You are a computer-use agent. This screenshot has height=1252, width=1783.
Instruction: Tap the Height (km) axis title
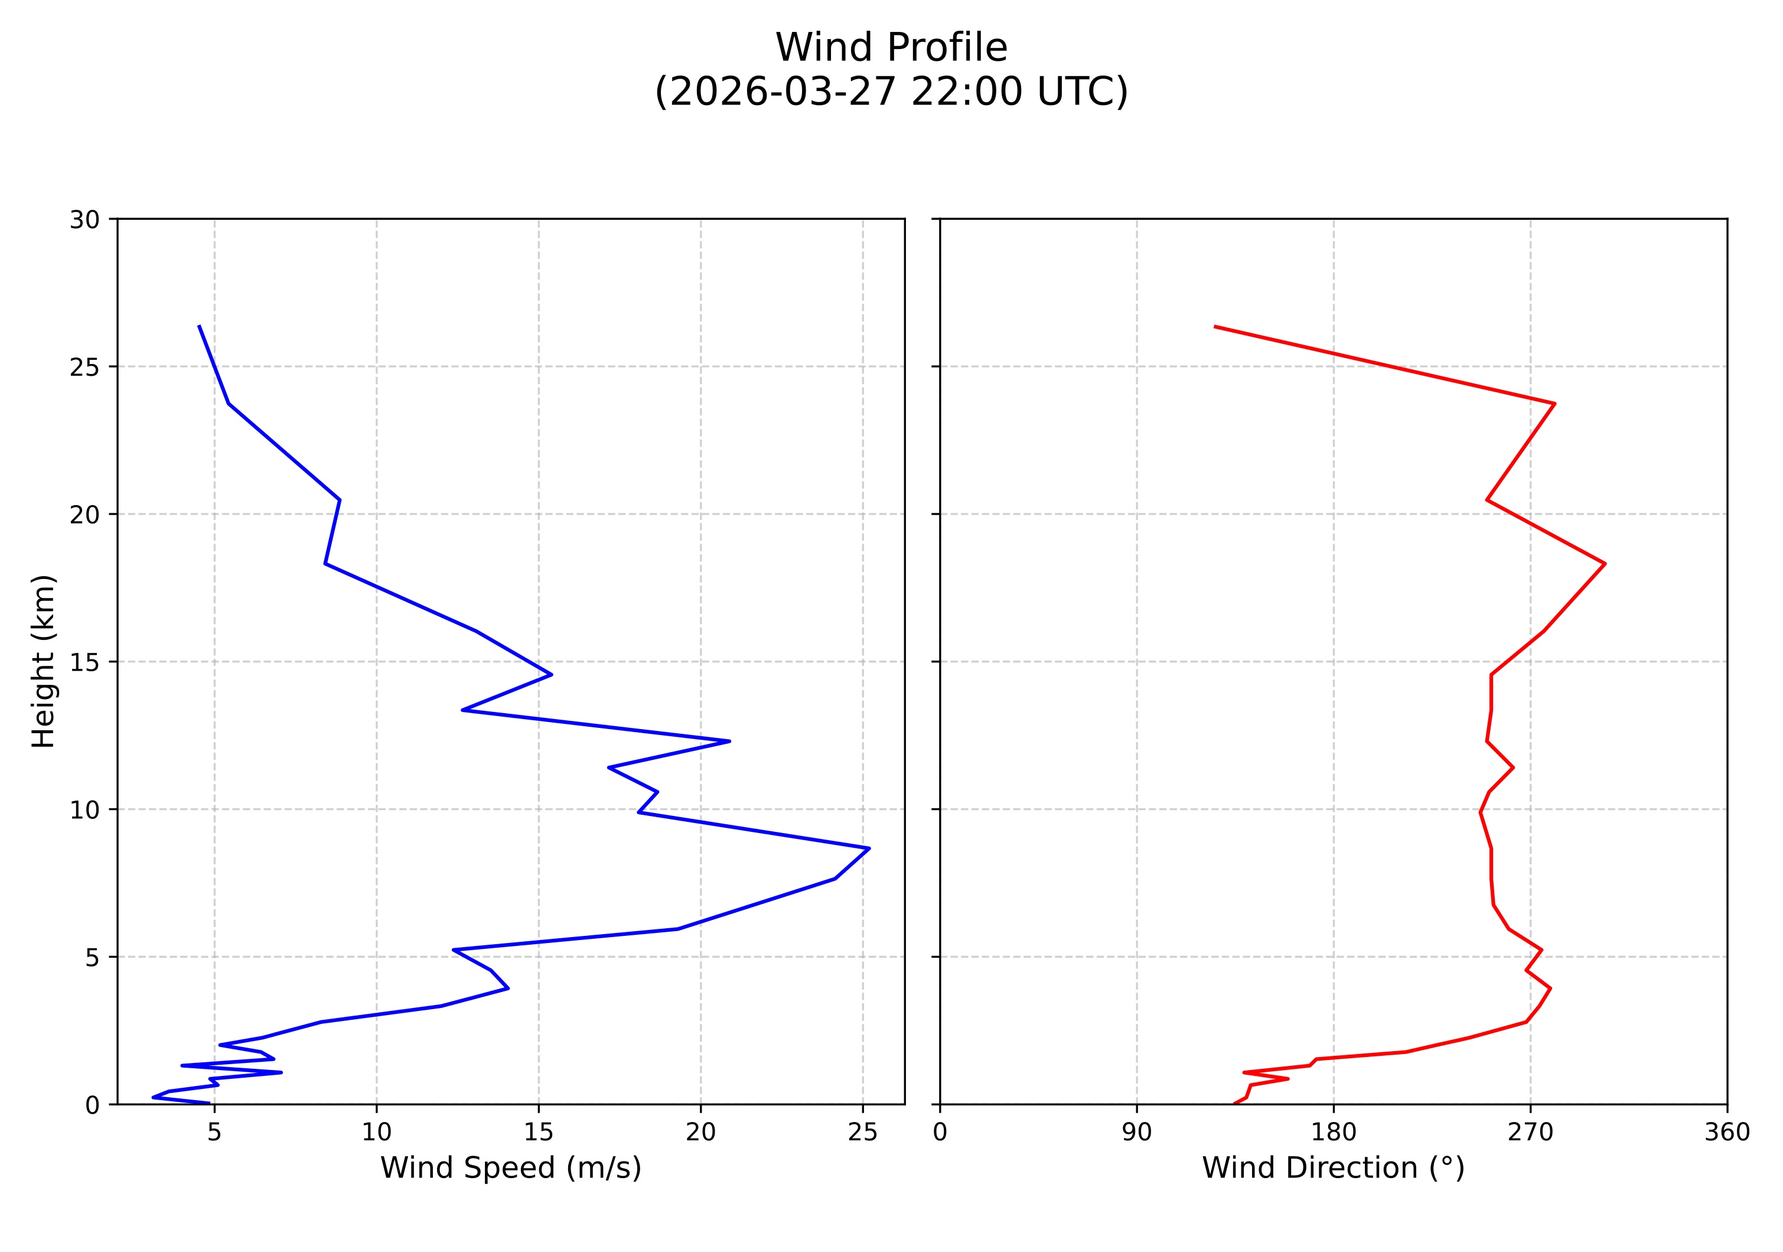[44, 661]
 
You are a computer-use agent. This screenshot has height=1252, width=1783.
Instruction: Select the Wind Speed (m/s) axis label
[510, 1168]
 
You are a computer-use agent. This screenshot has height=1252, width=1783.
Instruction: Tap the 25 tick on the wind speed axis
[862, 1133]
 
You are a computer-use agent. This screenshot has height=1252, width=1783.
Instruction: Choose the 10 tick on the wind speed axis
[377, 1133]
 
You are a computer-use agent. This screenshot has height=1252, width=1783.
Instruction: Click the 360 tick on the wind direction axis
[1727, 1133]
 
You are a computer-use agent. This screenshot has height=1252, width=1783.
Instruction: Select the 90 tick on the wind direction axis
[1137, 1133]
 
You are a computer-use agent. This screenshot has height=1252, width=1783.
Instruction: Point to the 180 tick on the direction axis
[1334, 1133]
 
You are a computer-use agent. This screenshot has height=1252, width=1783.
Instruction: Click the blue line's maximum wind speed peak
[869, 848]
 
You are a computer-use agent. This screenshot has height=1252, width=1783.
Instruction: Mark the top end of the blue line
[200, 326]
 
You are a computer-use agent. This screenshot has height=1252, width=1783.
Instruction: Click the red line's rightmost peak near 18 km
[1605, 564]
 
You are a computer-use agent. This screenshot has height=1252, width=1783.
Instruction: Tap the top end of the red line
[1214, 326]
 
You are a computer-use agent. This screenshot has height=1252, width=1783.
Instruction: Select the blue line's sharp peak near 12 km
[729, 741]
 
